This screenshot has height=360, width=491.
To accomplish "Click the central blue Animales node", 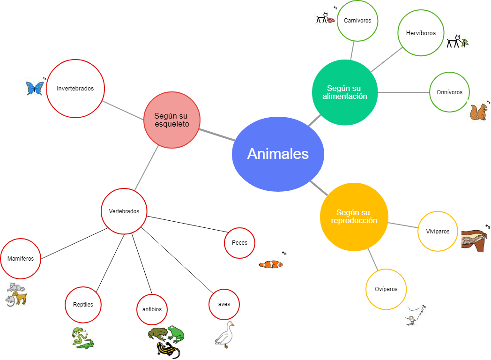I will click(x=278, y=154).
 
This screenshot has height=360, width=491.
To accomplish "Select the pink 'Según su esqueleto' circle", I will click(x=172, y=120).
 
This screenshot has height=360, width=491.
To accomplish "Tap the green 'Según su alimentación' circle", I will click(x=345, y=92).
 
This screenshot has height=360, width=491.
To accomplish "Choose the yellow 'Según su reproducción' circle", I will click(x=354, y=217).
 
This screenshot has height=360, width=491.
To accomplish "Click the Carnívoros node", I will click(x=357, y=21).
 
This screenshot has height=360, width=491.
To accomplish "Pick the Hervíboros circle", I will click(x=420, y=33).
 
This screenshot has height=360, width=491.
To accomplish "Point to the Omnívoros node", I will click(x=449, y=92).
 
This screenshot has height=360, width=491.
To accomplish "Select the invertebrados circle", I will click(x=75, y=88).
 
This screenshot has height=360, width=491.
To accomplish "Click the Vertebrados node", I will click(x=124, y=211).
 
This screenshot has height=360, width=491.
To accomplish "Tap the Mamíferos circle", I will click(x=21, y=259).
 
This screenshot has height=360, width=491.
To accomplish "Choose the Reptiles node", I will click(x=83, y=305).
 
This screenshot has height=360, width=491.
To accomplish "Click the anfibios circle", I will click(x=152, y=309).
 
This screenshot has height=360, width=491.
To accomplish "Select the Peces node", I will click(x=239, y=243).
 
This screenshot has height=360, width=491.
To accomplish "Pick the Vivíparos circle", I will click(x=438, y=232).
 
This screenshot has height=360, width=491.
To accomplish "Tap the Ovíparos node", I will click(x=386, y=289).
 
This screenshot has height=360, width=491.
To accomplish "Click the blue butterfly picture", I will click(x=35, y=88).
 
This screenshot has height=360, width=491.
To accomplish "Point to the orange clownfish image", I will click(x=271, y=264).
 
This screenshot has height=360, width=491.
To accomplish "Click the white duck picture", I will click(x=224, y=335).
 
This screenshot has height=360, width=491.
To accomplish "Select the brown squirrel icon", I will click(x=479, y=112).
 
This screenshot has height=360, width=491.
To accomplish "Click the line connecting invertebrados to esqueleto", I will click(x=123, y=110).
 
